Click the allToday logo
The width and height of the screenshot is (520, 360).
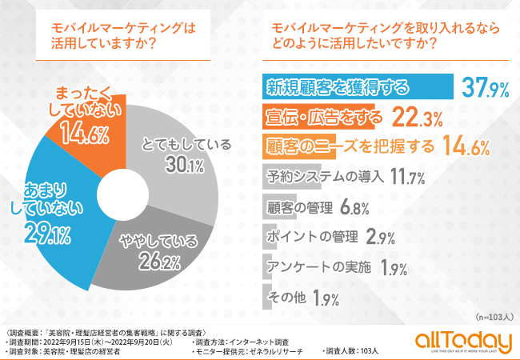(462, 342)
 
